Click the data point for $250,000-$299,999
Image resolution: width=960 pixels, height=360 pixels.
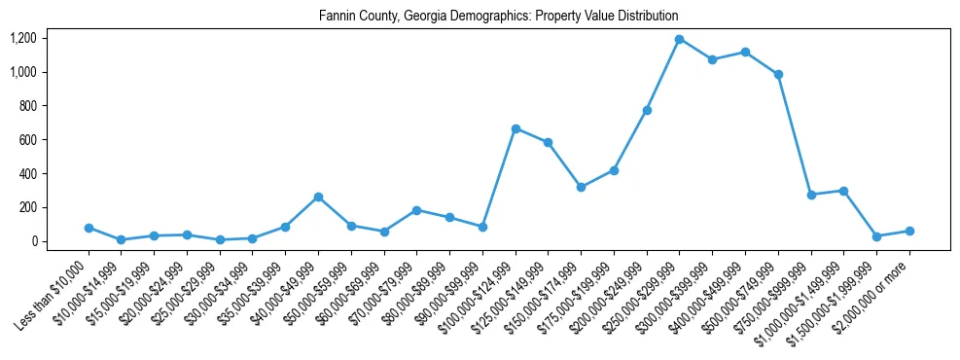point(680,39)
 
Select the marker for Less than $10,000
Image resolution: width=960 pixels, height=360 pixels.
point(89,228)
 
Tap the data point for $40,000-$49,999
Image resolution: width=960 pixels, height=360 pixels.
point(318,197)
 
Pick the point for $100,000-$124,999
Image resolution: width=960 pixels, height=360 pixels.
point(516,128)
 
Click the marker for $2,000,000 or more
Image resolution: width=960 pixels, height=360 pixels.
point(909,231)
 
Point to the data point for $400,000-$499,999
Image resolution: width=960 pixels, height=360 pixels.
point(745,52)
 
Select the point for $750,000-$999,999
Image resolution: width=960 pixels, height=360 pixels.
point(811,195)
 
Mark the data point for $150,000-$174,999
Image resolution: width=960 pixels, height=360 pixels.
point(581,187)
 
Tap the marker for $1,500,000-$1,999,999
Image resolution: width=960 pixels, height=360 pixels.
point(876,236)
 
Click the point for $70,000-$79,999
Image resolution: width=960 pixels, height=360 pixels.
point(416,210)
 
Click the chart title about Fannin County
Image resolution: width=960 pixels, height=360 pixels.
point(498,17)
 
